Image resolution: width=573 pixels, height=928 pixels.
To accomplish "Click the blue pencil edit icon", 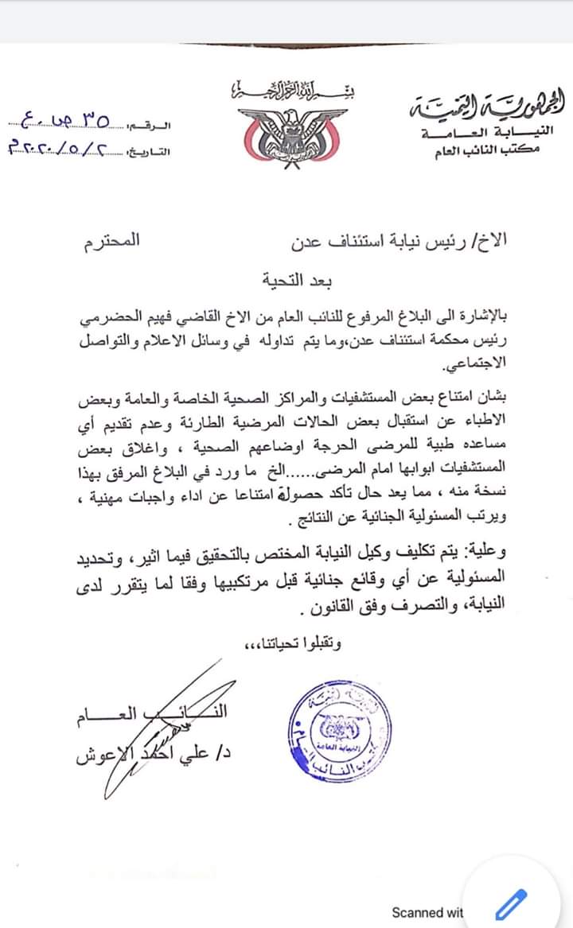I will (x=512, y=904).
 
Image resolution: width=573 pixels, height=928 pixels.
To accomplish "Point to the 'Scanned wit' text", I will (x=427, y=912).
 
